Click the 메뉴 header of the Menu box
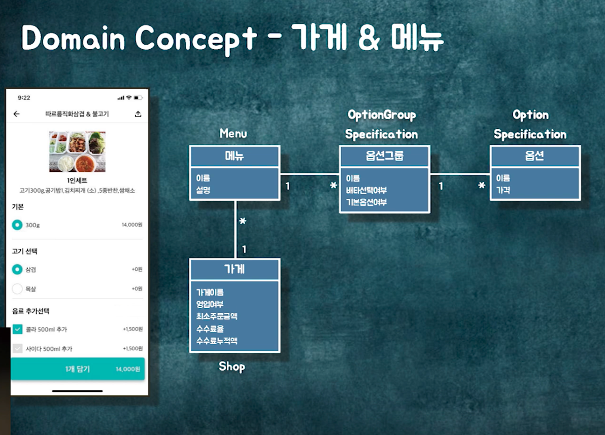point(234,156)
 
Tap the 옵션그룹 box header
point(384,156)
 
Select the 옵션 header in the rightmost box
point(534,156)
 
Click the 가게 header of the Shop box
point(234,269)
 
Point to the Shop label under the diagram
point(232,366)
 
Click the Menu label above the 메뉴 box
point(233,133)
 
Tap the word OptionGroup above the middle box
point(382,115)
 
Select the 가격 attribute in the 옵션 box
point(503,190)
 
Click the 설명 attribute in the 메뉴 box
point(203,190)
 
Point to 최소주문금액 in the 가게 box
point(217,316)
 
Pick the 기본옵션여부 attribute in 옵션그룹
point(366,202)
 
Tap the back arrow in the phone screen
point(17,114)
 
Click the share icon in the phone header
point(138,114)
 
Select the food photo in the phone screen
point(77,151)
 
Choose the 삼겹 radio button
point(17,270)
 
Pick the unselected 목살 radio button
point(17,289)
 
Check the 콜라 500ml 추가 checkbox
point(17,330)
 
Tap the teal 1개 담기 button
point(78,369)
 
